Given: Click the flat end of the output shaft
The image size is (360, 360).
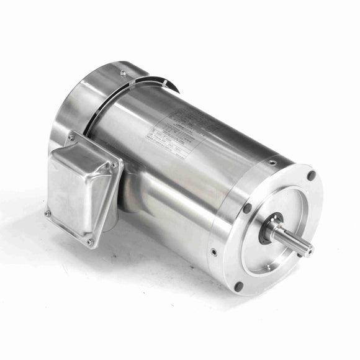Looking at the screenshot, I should (x=308, y=250).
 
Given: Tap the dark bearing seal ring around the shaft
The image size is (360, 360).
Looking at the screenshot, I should (x=274, y=224).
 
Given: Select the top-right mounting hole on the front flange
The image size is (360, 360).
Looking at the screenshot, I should (x=311, y=176).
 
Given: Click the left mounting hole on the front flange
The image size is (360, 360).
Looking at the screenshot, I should (x=247, y=209).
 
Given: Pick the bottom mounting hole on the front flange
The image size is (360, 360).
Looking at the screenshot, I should (x=238, y=286).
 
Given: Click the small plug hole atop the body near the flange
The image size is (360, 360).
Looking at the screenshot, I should (x=272, y=163).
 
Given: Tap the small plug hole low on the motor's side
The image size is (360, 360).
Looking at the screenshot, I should (x=214, y=252).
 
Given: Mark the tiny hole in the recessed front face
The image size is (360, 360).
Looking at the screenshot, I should (x=268, y=267).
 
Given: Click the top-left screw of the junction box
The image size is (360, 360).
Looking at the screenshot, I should (x=71, y=137).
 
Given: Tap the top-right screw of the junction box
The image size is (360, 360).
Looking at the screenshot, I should (x=114, y=164).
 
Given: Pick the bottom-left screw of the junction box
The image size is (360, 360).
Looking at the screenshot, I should (x=48, y=213).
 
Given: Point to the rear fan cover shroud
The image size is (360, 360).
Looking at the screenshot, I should (x=93, y=106).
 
